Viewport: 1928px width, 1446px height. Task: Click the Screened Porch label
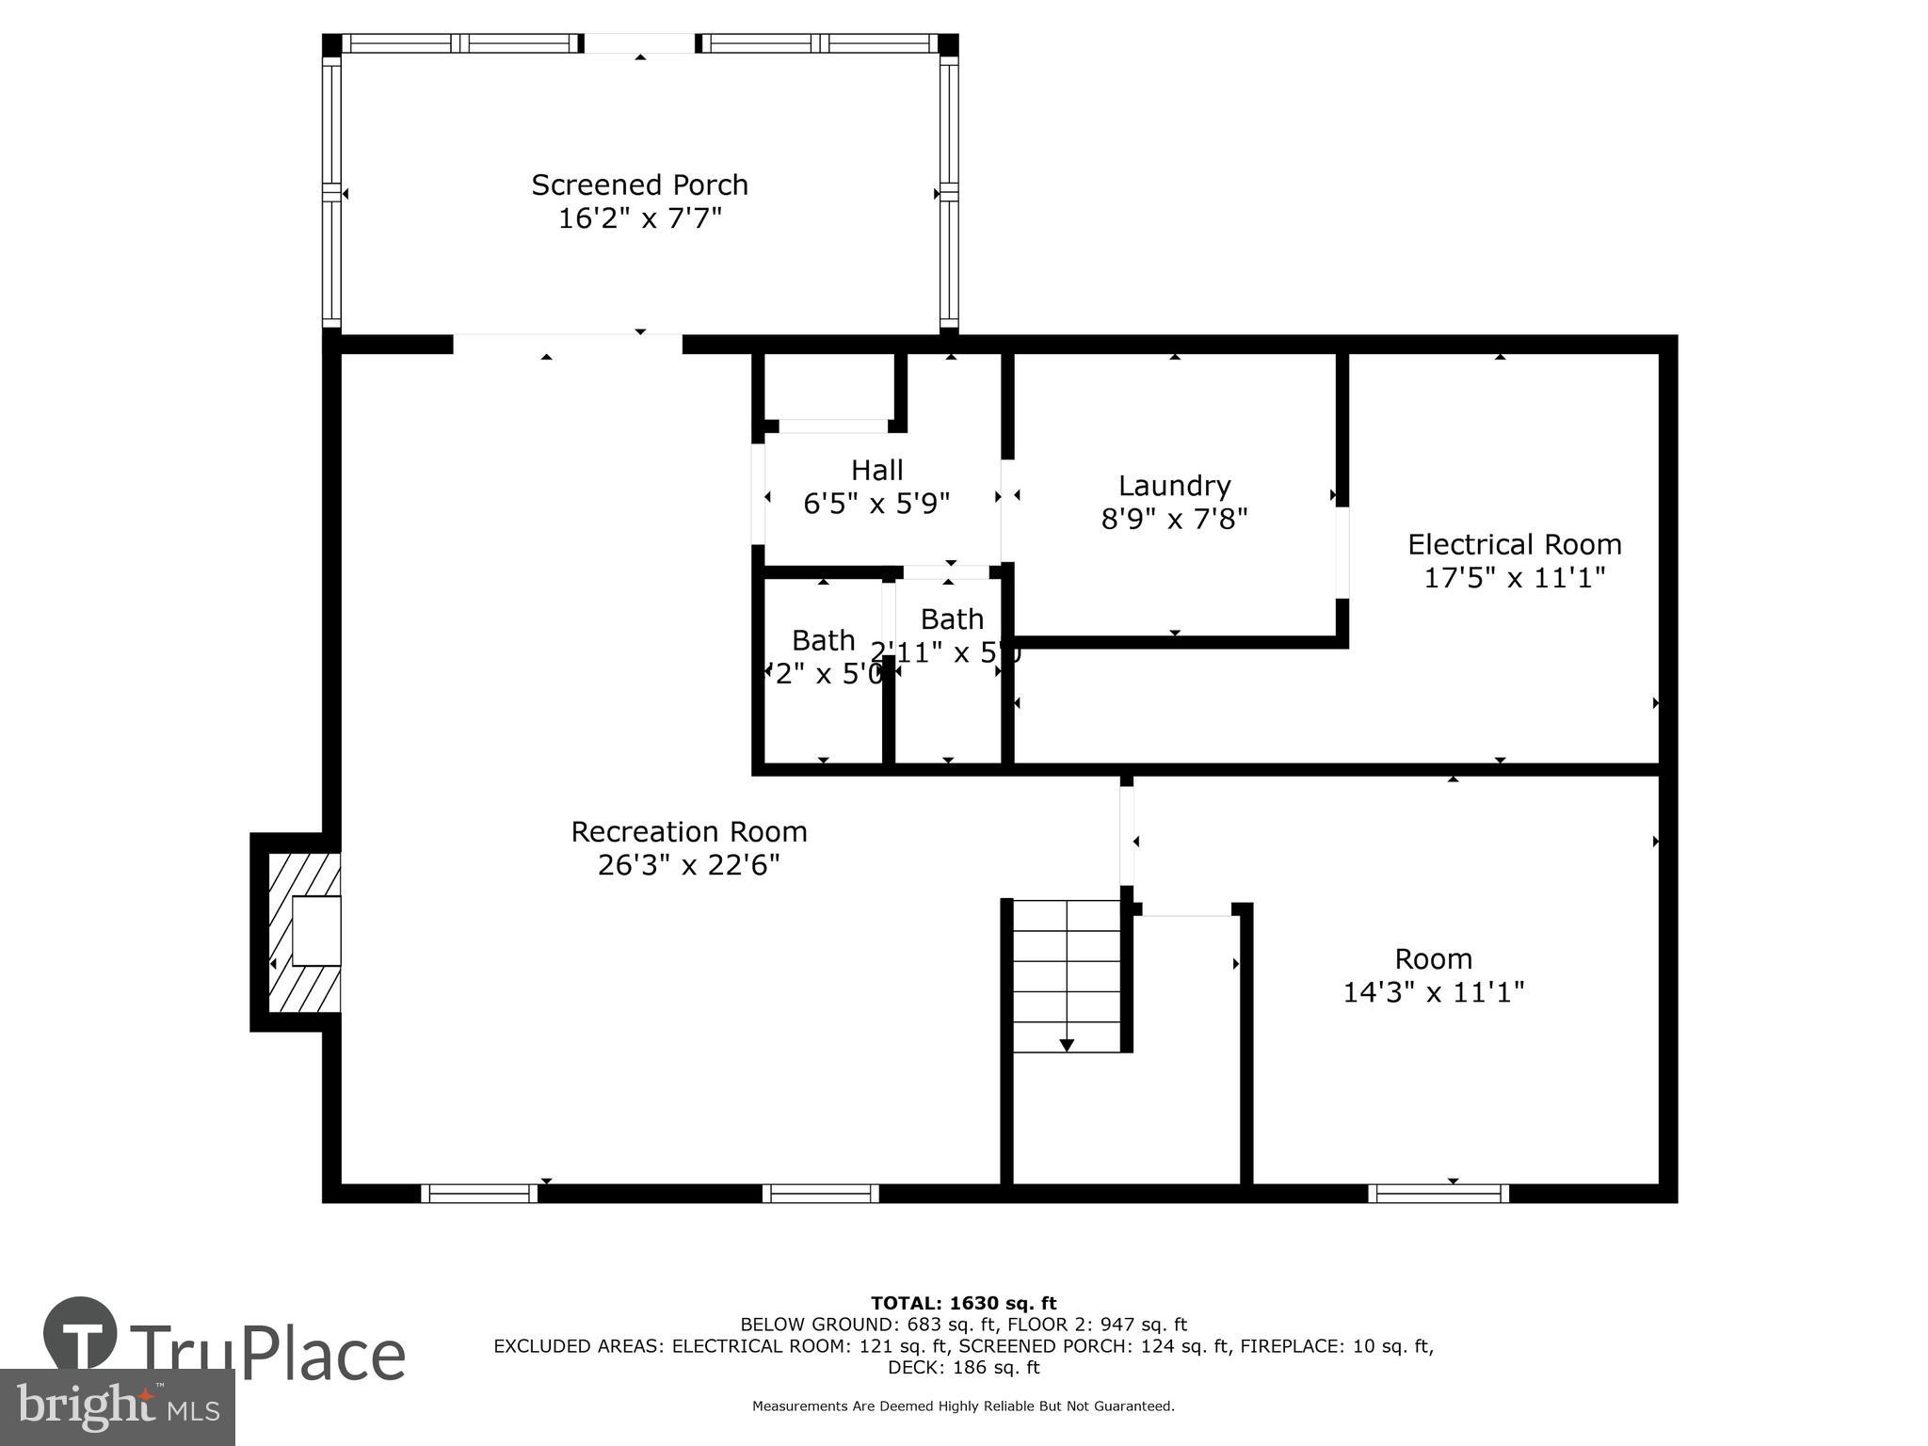click(x=639, y=185)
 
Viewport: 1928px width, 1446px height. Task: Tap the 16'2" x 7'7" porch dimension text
click(x=639, y=218)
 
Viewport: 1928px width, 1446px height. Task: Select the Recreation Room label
click(x=689, y=831)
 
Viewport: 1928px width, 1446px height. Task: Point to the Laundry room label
click(x=1174, y=486)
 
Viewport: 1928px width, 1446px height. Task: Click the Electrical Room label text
click(x=1514, y=544)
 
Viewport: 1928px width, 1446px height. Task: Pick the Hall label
click(x=876, y=470)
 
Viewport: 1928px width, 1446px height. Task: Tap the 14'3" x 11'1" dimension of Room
click(x=1433, y=991)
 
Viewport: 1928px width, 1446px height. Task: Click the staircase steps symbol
click(x=1066, y=974)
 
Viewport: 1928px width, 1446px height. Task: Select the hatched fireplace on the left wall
click(x=304, y=932)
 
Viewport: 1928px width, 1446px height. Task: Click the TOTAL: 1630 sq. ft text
click(x=963, y=1303)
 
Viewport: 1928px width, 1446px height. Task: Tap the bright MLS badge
click(x=117, y=1406)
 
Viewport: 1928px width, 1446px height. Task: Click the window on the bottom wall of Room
click(x=1438, y=1194)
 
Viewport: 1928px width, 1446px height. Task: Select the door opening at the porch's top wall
click(x=640, y=43)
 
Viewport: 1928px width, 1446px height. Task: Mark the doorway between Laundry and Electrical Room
click(x=1342, y=553)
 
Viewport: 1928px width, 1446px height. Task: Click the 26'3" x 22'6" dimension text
click(x=689, y=864)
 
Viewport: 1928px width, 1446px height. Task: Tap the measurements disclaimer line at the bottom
click(x=963, y=1406)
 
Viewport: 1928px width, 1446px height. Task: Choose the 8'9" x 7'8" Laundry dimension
click(x=1174, y=518)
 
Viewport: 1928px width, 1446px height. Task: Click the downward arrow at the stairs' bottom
click(x=1067, y=1045)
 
